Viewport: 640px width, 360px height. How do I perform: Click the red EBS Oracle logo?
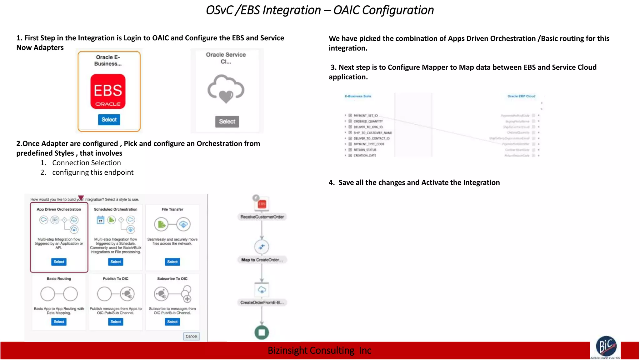108,91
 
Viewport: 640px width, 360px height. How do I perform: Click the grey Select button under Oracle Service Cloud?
227,122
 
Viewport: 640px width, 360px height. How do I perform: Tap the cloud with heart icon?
226,89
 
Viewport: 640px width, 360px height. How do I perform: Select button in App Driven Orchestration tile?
59,262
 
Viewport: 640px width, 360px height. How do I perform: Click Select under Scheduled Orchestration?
116,262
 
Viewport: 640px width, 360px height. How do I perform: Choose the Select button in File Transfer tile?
172,262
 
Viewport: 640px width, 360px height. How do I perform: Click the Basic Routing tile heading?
59,279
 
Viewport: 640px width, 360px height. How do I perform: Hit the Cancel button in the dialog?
191,336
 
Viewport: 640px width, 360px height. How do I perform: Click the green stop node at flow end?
262,332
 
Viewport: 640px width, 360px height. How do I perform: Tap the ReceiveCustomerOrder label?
262,217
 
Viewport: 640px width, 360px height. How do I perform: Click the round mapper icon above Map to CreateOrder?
262,247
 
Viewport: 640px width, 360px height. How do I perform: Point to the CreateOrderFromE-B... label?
262,302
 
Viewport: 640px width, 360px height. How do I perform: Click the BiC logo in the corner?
606,347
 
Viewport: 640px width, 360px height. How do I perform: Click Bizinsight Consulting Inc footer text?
319,351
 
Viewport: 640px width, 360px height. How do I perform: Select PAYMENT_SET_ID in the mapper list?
365,116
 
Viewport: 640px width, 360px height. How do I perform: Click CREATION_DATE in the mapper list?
365,155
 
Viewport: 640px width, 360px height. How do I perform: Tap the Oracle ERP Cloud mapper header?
521,96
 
